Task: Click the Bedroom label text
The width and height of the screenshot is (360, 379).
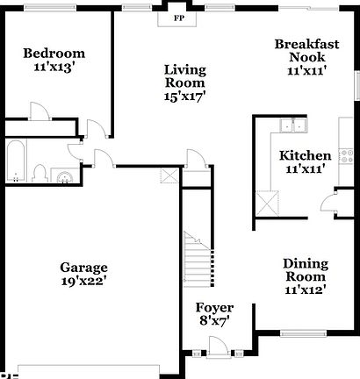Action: pyautogui.click(x=54, y=52)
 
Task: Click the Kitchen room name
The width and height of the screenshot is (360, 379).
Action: pyautogui.click(x=305, y=156)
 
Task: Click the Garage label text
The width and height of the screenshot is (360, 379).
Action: pyautogui.click(x=83, y=267)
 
